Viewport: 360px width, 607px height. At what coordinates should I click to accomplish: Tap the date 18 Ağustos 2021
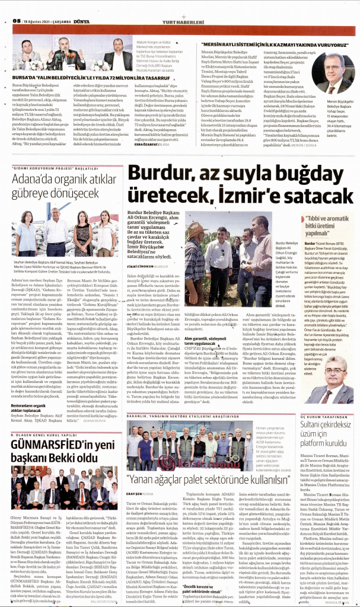pyautogui.click(x=39, y=22)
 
